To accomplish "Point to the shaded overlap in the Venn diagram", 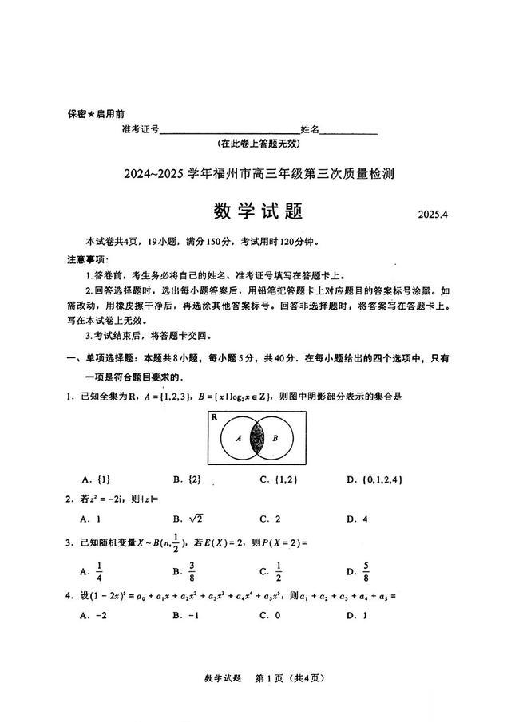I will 258,438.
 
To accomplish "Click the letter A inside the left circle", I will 238,438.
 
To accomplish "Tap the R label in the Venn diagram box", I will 215,417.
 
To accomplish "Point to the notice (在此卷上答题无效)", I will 258,144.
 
